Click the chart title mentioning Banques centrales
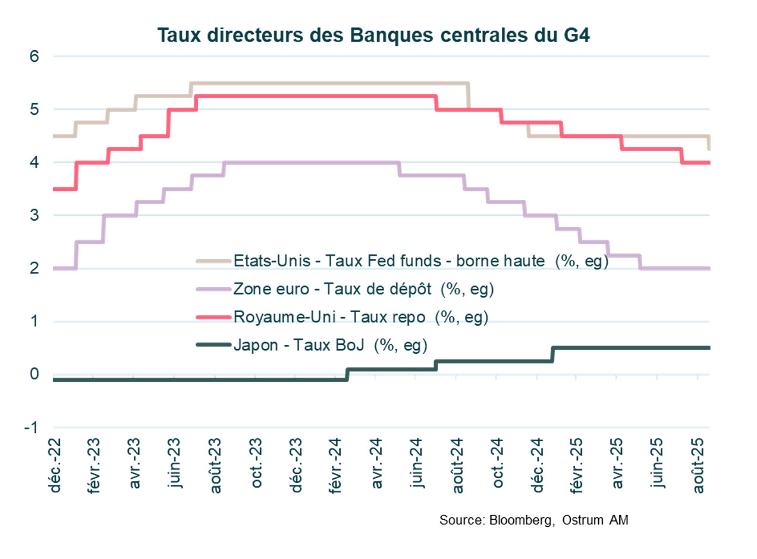[x=373, y=35]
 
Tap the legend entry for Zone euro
[x=364, y=289]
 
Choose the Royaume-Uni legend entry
[x=361, y=317]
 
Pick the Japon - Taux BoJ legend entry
[x=331, y=345]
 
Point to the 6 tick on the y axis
[x=34, y=56]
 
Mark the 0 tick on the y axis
[x=34, y=375]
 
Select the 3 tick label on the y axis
[x=34, y=215]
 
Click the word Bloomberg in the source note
[x=518, y=520]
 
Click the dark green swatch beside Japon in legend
[x=212, y=345]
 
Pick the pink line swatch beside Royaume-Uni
[x=212, y=317]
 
